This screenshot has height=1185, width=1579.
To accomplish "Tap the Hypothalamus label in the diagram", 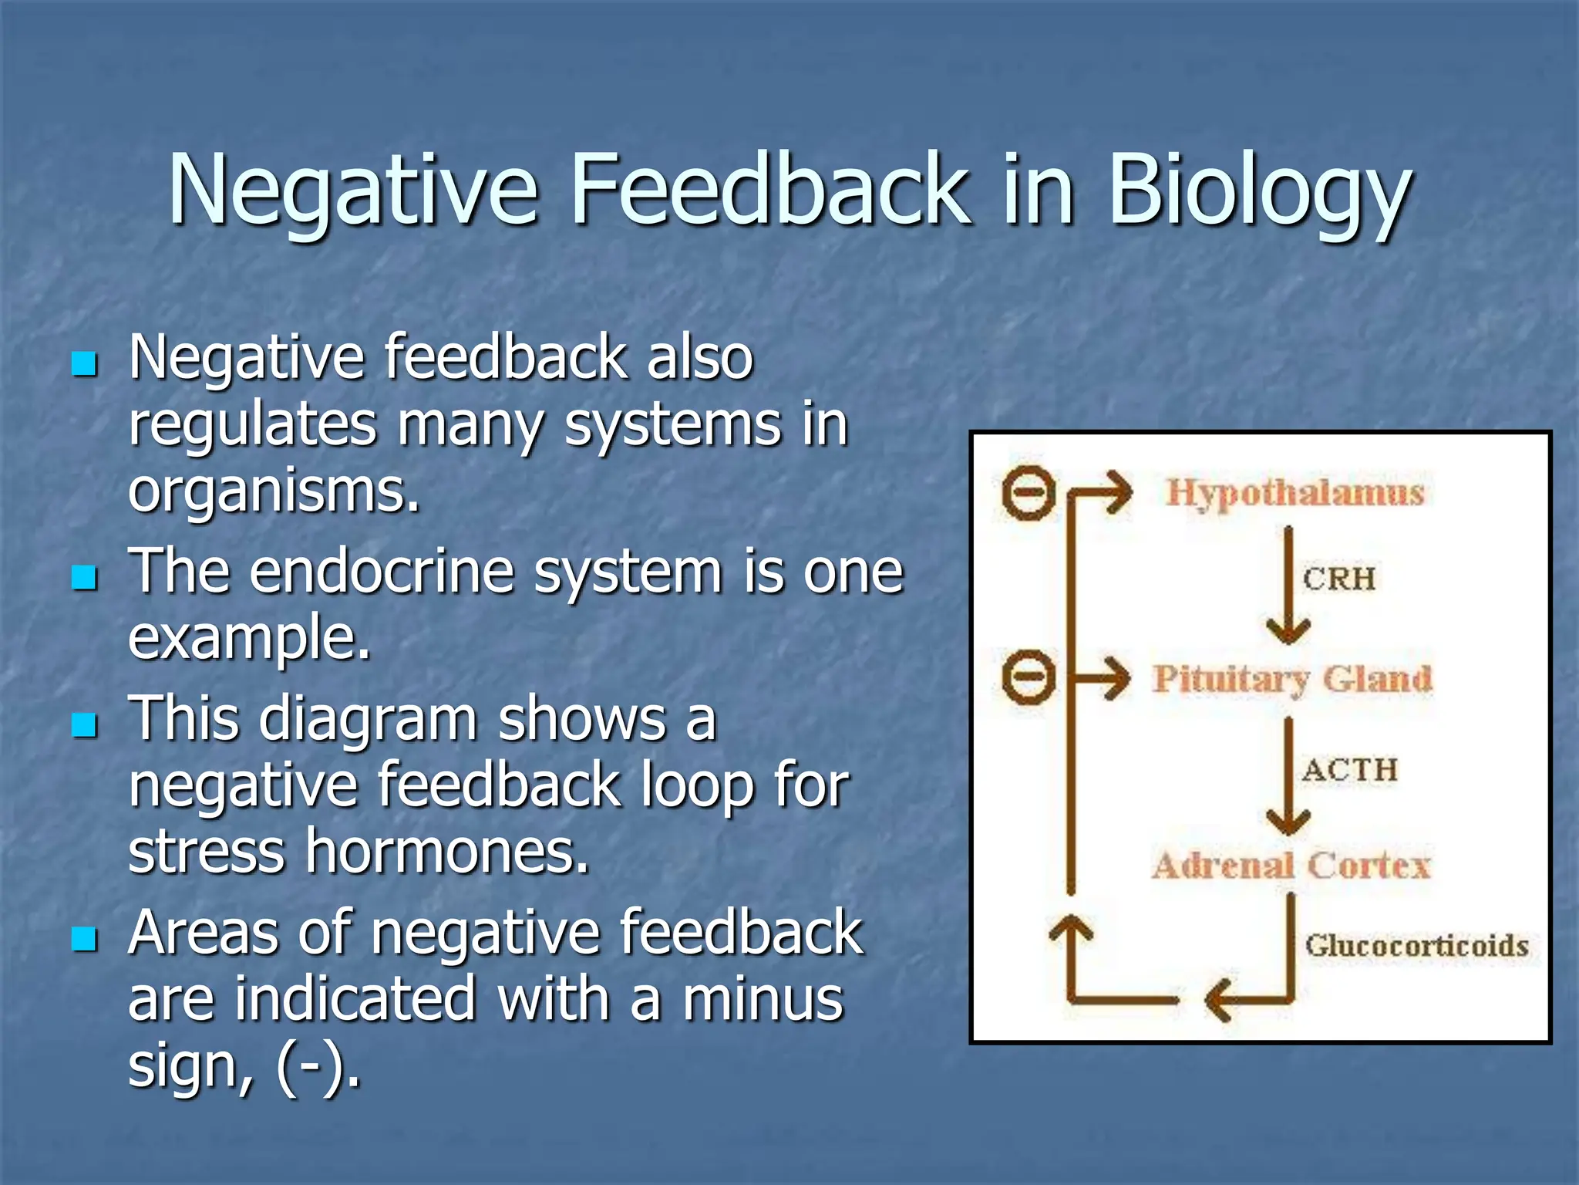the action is tap(1295, 492).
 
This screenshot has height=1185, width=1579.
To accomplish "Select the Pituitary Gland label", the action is tap(1292, 680).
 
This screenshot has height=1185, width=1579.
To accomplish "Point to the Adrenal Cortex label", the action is tap(1291, 865).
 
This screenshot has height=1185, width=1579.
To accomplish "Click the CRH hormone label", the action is tap(1339, 579).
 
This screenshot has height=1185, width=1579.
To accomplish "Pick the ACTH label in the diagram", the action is tap(1350, 769).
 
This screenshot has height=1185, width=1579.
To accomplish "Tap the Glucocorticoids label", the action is tap(1416, 945).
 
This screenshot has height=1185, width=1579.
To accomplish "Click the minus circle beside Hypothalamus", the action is tap(1029, 491).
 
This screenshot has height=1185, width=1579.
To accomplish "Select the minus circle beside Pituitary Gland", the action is tap(1029, 678).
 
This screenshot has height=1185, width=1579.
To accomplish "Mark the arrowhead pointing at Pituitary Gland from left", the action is tap(1116, 678).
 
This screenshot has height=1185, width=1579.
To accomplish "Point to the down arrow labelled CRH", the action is tap(1288, 586).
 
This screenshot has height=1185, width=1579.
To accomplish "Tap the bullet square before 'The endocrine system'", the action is tap(84, 577).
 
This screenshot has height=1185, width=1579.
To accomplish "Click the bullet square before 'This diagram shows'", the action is tap(84, 724).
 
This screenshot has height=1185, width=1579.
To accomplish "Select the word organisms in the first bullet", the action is tap(274, 491).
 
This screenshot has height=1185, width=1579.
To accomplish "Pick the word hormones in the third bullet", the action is tap(447, 852).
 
